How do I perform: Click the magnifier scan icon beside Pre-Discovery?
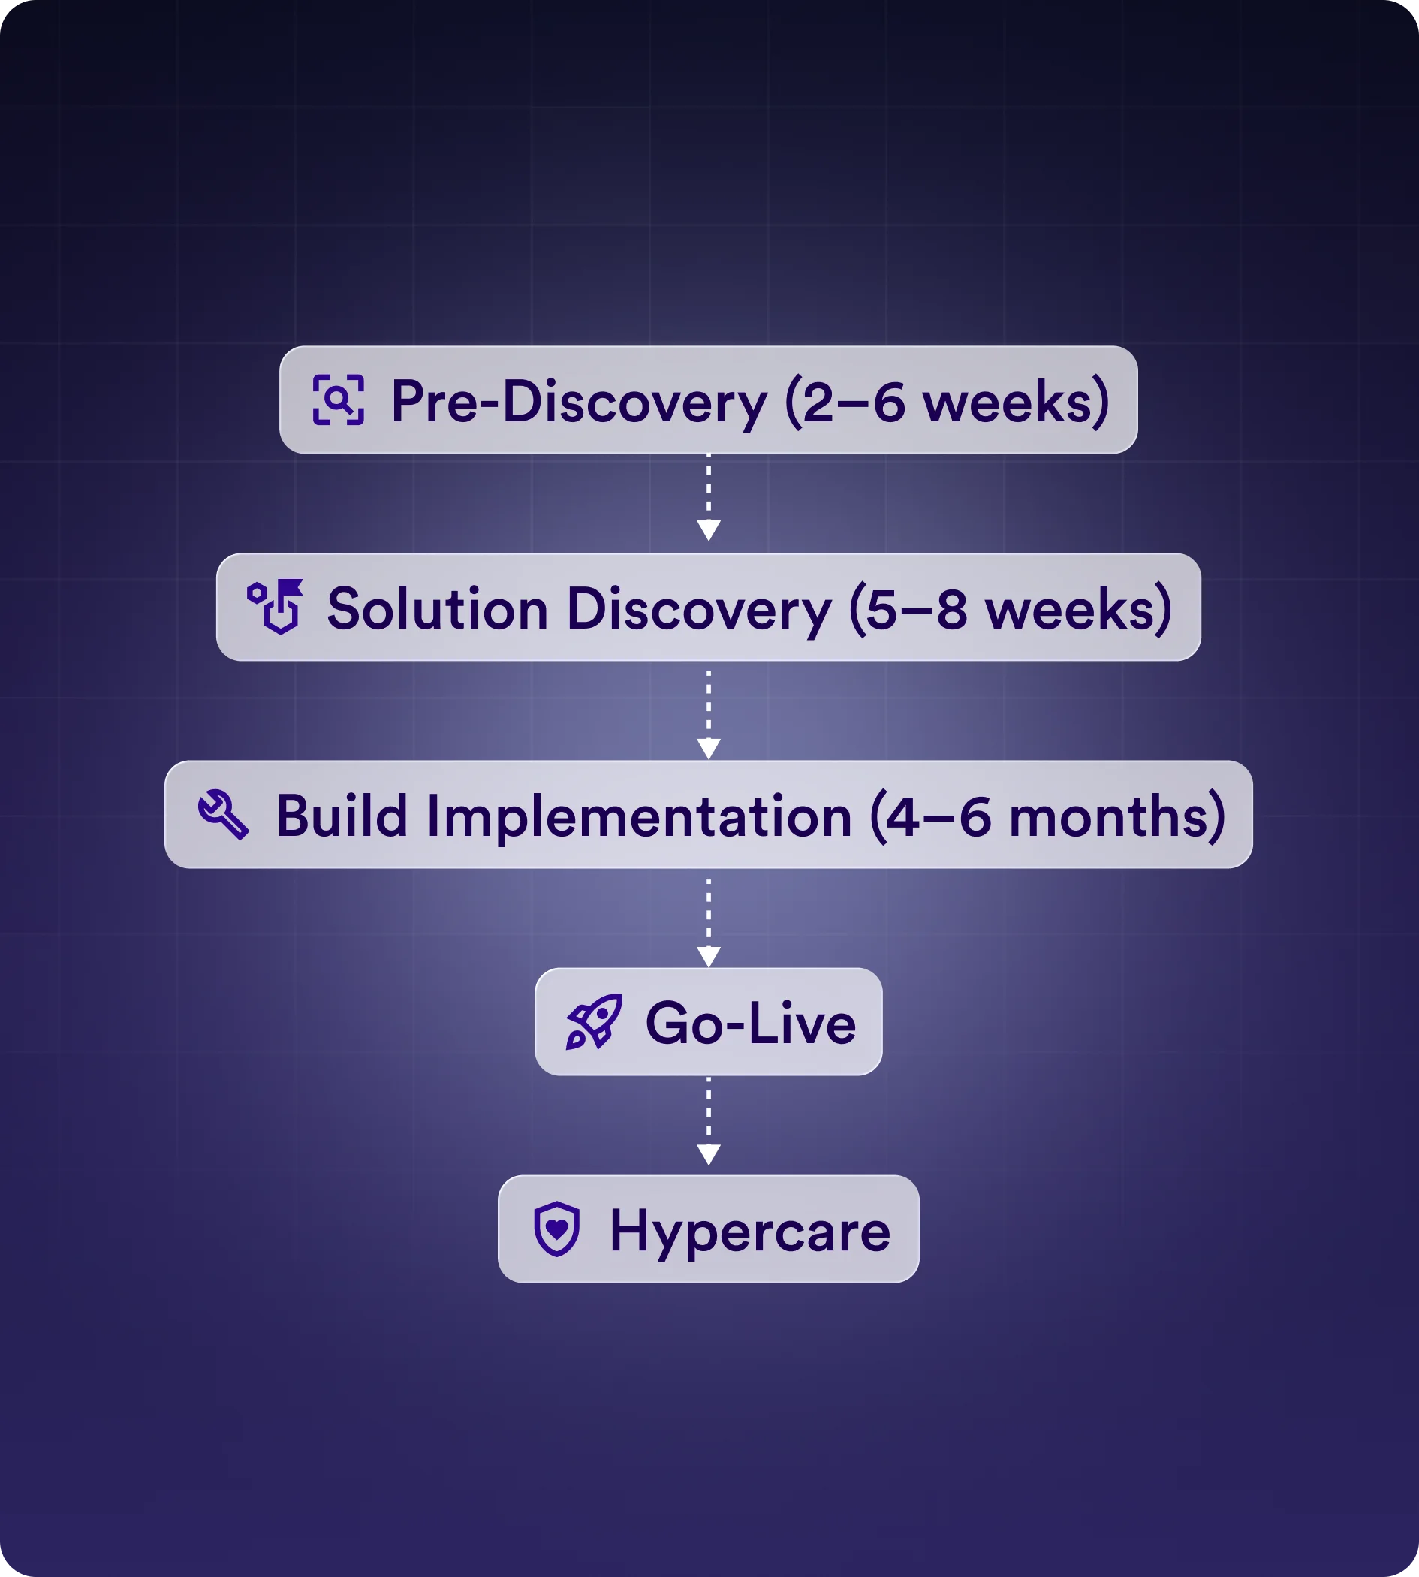[339, 400]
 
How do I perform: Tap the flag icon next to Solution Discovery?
[276, 606]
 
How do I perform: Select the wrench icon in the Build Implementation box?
[223, 814]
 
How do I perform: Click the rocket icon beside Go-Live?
[594, 1022]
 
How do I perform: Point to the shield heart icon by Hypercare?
[556, 1229]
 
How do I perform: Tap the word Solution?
[438, 609]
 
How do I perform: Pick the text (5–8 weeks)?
[1011, 609]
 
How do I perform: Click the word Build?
[342, 816]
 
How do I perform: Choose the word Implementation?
[640, 816]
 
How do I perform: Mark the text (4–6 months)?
[1047, 816]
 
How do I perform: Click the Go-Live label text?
[750, 1024]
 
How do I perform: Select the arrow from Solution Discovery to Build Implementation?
[708, 713]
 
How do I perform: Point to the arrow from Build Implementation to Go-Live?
[708, 922]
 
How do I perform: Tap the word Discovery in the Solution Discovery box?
[698, 609]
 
